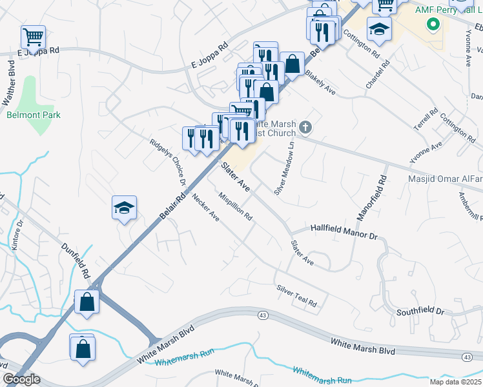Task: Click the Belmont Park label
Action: point(24,115)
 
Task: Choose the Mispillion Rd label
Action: point(235,207)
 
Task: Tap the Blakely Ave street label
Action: point(320,83)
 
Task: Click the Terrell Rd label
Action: point(421,121)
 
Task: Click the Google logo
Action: point(21,379)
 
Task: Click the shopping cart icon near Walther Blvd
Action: point(32,36)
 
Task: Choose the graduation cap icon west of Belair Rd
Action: point(124,207)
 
